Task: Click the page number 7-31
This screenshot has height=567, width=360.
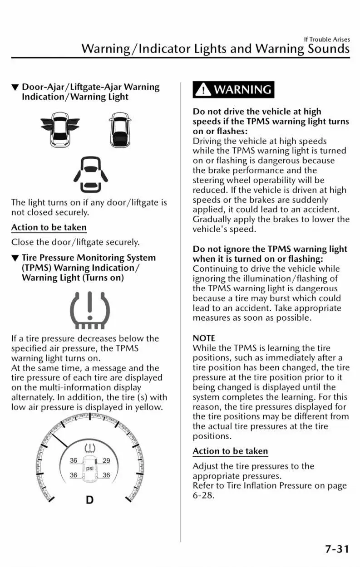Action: [x=337, y=549]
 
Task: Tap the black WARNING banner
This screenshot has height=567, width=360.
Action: [x=234, y=89]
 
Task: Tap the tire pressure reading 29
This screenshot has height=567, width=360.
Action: [x=106, y=461]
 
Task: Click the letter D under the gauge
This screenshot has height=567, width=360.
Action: [x=90, y=500]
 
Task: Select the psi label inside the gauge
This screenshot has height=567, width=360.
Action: [x=90, y=468]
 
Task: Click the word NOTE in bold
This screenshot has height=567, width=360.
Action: [x=204, y=338]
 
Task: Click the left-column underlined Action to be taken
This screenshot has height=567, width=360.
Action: [x=49, y=227]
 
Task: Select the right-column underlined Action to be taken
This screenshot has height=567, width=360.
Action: [x=230, y=451]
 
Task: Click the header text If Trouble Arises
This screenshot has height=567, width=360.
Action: [x=327, y=39]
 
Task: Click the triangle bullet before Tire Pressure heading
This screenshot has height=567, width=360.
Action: [x=15, y=258]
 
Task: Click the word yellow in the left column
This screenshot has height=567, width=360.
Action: [x=148, y=407]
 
